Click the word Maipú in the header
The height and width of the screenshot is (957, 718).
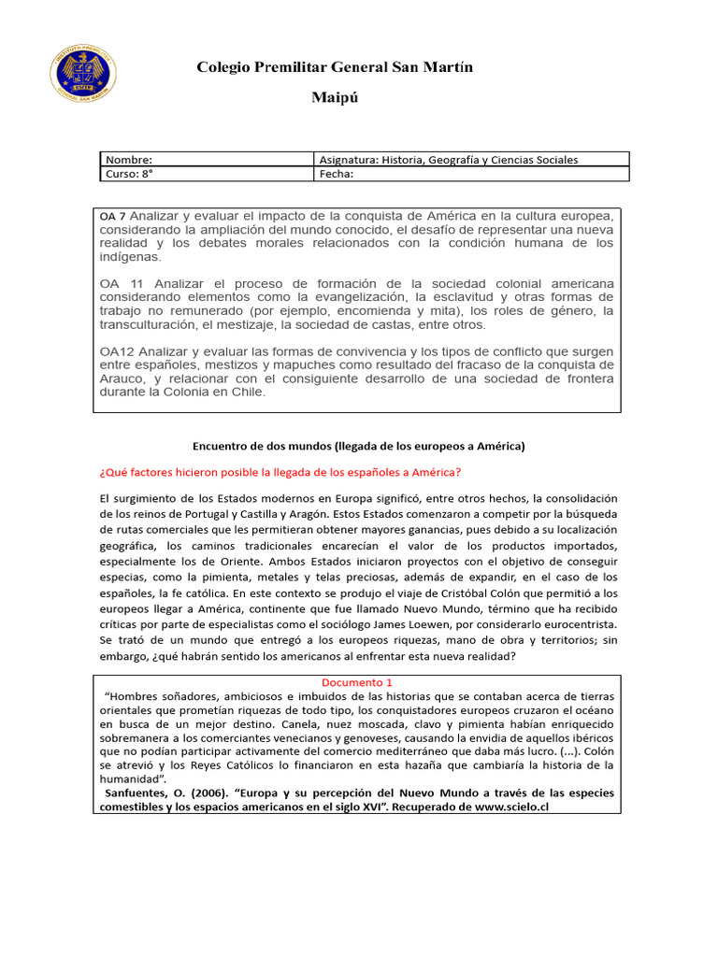335,97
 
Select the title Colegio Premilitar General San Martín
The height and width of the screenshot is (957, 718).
335,67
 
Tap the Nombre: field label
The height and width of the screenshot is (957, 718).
129,160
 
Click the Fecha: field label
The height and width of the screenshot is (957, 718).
337,174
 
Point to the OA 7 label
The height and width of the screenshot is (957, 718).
112,216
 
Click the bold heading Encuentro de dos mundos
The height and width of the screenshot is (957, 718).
359,446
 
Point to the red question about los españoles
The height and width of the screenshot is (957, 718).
280,472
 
